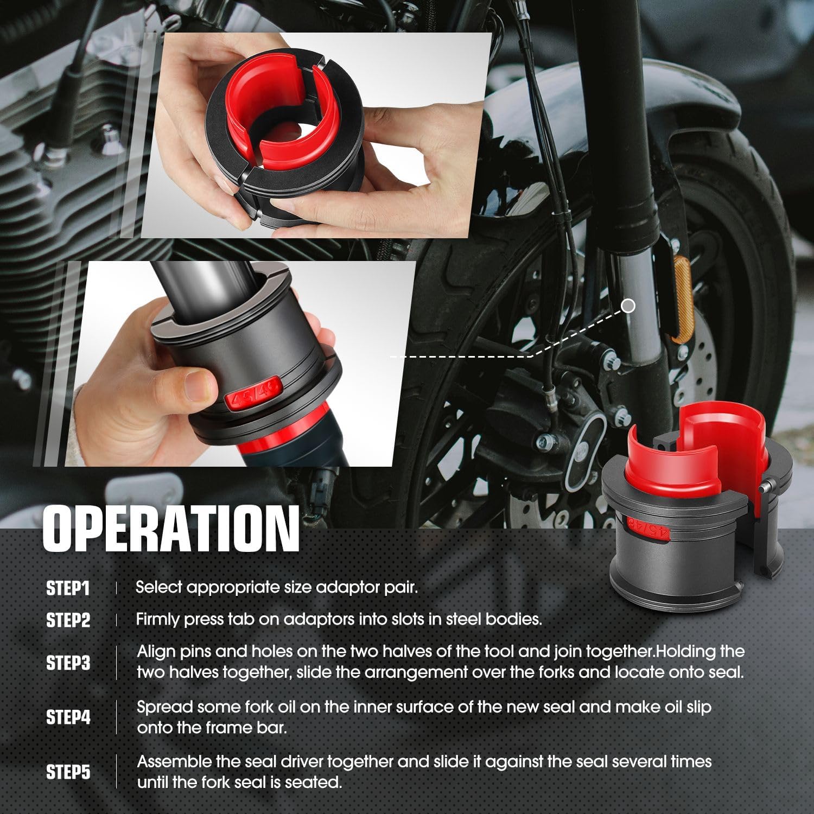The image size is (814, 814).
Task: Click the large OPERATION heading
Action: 170,529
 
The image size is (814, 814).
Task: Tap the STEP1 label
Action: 68,588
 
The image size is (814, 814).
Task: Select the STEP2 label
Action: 68,620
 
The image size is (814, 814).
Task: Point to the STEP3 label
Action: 68,663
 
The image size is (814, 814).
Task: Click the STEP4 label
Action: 68,717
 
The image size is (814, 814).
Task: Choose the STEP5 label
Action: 68,772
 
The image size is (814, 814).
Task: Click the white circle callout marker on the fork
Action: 628,306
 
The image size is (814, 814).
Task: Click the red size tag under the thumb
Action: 253,398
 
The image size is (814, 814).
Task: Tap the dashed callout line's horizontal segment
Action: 461,357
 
